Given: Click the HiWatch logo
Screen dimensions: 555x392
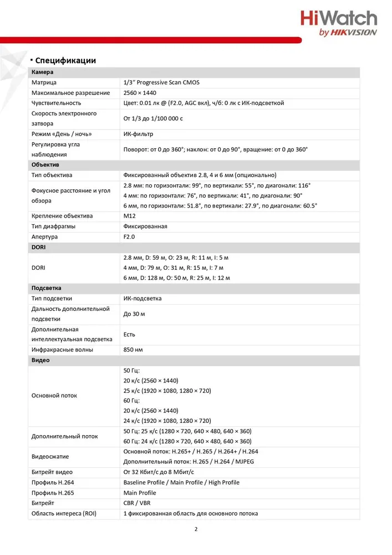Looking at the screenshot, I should click(338, 23).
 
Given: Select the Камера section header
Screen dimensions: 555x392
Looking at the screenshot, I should click(43, 72).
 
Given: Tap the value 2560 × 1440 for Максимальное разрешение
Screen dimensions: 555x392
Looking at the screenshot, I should click(140, 93).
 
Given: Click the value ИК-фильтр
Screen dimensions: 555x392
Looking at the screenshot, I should click(138, 134).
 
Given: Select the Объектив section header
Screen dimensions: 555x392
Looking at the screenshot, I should click(45, 165).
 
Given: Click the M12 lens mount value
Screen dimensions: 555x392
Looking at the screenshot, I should click(129, 216).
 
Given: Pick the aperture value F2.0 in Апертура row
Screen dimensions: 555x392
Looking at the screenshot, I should click(129, 236).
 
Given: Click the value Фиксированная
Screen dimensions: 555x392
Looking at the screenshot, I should click(145, 226).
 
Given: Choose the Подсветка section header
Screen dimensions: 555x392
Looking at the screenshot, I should click(47, 288).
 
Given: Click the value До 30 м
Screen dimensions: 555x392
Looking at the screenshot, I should click(134, 314).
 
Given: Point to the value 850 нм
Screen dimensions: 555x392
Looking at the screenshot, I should click(133, 350).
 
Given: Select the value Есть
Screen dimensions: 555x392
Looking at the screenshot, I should click(129, 335).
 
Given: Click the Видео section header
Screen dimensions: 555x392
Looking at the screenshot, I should click(40, 360).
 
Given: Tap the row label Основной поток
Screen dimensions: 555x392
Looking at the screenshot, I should click(54, 396).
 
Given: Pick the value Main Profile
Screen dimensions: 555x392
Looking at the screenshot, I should click(140, 493).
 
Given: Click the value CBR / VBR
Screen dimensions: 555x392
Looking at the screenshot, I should click(137, 503).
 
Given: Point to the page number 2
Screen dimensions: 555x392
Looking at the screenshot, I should click(196, 529).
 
